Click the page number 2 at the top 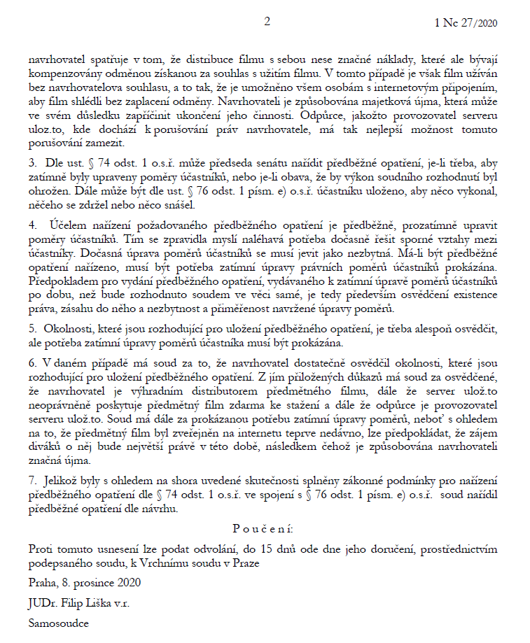[x=266, y=22]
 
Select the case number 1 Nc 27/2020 [x=465, y=23]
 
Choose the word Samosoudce [x=59, y=622]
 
